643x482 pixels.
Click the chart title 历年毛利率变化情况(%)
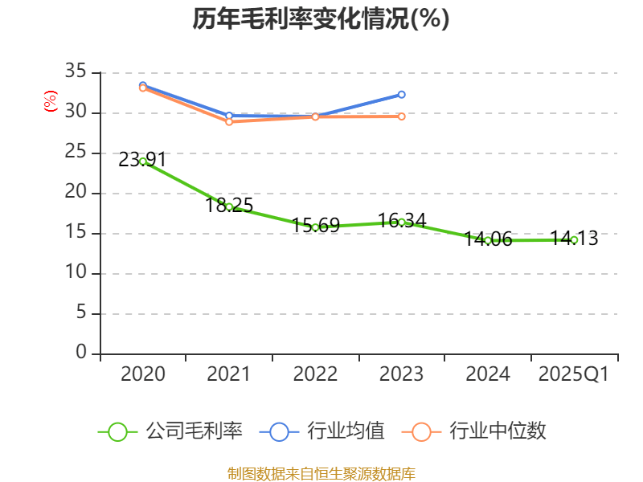[321, 19]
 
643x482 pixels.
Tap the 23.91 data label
[142, 159]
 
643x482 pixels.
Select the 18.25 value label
[229, 205]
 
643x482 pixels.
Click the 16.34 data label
[402, 220]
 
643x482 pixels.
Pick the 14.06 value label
[488, 239]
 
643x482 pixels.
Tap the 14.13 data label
[574, 238]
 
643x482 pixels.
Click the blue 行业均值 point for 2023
[402, 95]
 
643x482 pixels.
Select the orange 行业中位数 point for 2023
[402, 116]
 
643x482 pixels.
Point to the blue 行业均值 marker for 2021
[229, 116]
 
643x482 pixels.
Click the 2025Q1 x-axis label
[574, 374]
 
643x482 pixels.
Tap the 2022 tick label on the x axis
[315, 374]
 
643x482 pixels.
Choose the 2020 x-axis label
[142, 374]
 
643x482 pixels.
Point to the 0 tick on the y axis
[80, 353]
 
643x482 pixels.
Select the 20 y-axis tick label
[75, 193]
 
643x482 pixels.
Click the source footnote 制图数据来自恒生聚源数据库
[321, 473]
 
